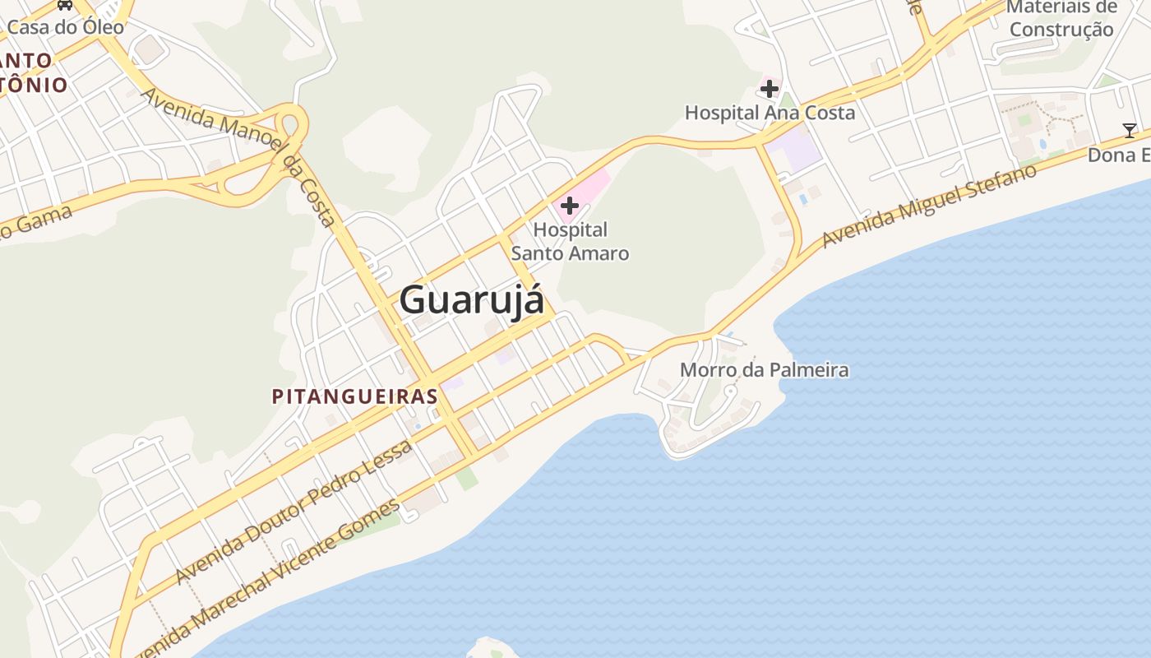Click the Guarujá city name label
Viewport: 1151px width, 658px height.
(x=471, y=300)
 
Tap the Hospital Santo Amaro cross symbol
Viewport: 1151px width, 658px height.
(x=569, y=205)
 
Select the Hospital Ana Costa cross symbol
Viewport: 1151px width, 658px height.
(x=770, y=88)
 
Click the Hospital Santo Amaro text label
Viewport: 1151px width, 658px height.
(x=570, y=242)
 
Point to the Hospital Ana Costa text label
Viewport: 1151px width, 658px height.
(x=770, y=113)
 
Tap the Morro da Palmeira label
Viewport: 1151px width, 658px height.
(x=764, y=370)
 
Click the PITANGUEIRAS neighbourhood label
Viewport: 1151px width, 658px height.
(x=354, y=396)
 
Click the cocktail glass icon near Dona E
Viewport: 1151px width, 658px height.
(x=1130, y=130)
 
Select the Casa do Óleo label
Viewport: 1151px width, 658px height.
(x=66, y=27)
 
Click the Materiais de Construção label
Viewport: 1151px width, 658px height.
(x=1061, y=19)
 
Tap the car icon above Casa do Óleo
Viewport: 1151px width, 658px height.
(x=65, y=4)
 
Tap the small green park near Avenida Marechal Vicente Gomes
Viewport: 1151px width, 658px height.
(x=466, y=478)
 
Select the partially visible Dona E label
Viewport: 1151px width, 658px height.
(x=1119, y=155)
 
